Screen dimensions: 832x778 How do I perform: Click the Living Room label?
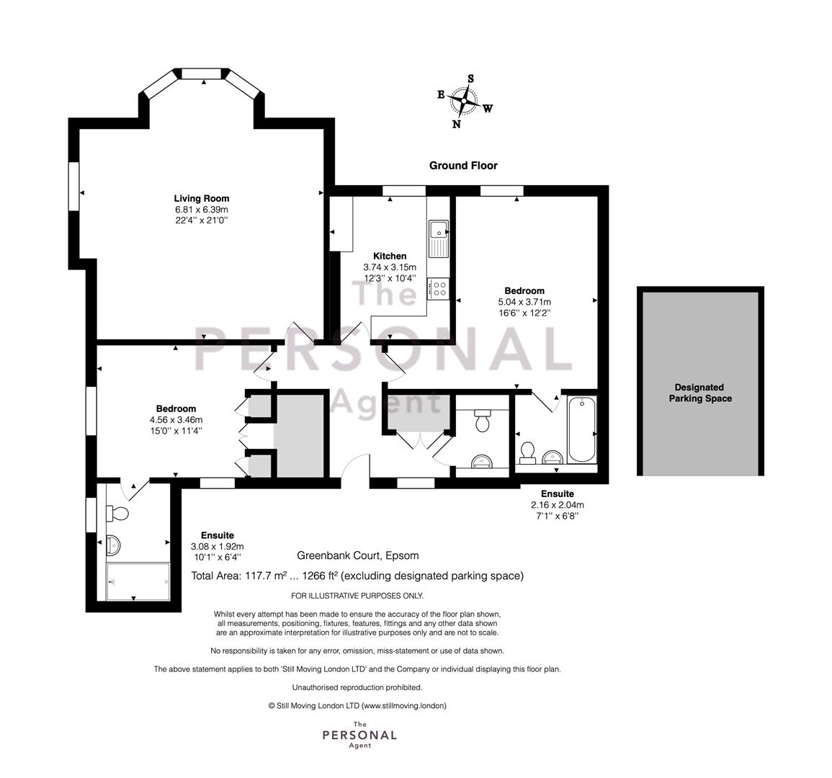[202, 199]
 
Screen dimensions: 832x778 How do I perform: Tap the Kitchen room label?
[390, 256]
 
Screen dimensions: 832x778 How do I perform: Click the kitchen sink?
[439, 238]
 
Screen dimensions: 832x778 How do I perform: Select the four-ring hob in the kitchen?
[439, 289]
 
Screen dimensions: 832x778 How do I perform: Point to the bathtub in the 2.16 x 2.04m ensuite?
[581, 429]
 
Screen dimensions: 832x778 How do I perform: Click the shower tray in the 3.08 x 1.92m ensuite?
[138, 581]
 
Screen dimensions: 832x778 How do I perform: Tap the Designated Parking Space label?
[700, 393]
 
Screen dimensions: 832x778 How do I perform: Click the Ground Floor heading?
[463, 166]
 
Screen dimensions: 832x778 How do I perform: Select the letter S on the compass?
[470, 79]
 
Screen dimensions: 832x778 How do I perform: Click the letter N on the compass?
[456, 124]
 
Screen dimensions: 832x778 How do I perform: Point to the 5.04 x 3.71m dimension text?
[524, 302]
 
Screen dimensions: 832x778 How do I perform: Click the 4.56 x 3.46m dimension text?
[176, 420]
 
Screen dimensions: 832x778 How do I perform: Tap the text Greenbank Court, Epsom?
[357, 555]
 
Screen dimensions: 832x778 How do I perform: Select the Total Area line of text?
[357, 576]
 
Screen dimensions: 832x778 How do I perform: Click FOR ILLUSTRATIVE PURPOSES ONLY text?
[357, 596]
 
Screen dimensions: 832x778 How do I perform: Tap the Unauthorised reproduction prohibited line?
[357, 687]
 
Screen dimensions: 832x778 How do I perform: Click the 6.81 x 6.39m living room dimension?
[202, 210]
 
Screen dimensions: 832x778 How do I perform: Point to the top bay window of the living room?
[202, 73]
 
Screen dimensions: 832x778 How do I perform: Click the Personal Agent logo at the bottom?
[359, 735]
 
